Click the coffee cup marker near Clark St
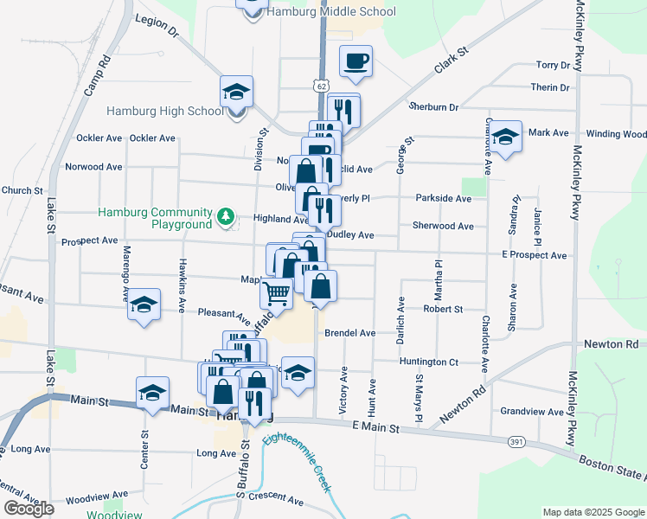356,61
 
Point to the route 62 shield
321,86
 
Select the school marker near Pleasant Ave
144,304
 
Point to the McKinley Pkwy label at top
577,35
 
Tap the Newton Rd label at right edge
622,344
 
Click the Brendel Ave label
350,332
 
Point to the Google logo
29,509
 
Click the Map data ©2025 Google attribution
593,512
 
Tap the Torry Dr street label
553,65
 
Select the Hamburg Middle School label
331,12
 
